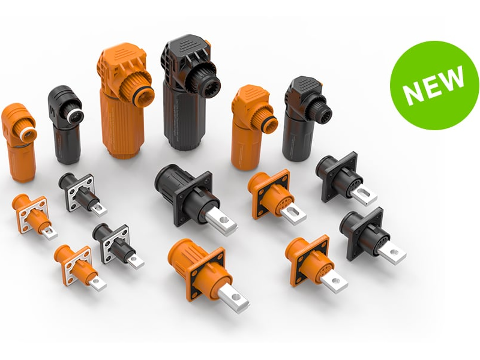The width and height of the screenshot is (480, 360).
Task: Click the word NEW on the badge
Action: coord(433,85)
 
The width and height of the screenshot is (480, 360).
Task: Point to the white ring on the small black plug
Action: coord(73,116)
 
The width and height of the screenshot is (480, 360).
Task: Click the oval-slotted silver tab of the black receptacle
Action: coord(364,194)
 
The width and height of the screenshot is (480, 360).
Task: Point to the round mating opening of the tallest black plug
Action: coord(210,82)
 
